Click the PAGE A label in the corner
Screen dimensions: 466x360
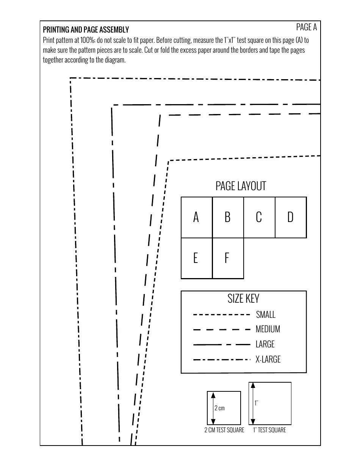click(x=306, y=27)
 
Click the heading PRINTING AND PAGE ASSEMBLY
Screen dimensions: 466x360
click(x=86, y=30)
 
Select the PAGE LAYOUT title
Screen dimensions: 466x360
click(x=241, y=186)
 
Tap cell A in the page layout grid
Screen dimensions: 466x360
click(x=196, y=217)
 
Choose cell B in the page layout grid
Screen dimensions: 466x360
click(x=228, y=217)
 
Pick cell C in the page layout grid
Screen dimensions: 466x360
click(x=259, y=217)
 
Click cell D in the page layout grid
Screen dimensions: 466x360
click(x=290, y=217)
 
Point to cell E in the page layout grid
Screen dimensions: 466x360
click(x=196, y=258)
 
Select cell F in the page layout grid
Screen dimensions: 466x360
click(x=227, y=258)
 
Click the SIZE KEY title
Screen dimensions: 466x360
click(x=243, y=299)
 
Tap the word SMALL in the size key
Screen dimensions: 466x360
click(x=266, y=314)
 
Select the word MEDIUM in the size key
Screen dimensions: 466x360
click(x=268, y=329)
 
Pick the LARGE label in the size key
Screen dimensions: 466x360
click(x=265, y=344)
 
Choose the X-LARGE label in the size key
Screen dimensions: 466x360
click(x=268, y=359)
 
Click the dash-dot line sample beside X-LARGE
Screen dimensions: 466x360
click(x=222, y=360)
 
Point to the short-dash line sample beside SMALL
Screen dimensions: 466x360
click(x=222, y=314)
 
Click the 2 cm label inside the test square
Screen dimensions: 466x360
click(x=220, y=408)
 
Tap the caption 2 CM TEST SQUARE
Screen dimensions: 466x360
click(x=224, y=430)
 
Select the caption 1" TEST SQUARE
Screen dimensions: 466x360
click(x=269, y=430)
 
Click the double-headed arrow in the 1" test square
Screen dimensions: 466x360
click(x=253, y=403)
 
